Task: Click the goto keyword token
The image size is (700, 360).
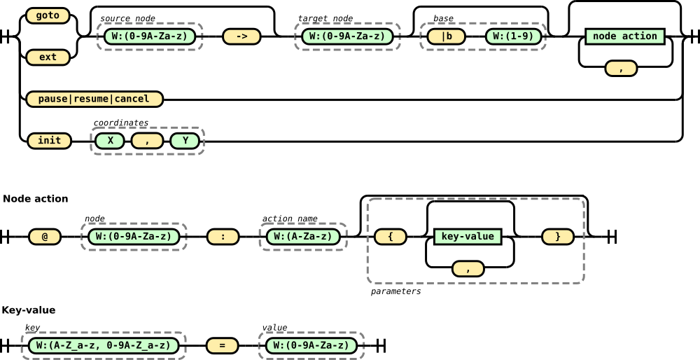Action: coord(48,15)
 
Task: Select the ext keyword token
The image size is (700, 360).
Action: coord(48,57)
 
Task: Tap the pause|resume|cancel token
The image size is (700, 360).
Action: coord(94,99)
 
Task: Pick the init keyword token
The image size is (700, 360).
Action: coord(49,141)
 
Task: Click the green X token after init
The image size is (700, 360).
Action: coord(110,141)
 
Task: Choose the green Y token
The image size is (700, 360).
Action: coord(185,141)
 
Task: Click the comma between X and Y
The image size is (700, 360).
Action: coord(147,141)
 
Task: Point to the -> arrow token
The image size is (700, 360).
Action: coord(241,36)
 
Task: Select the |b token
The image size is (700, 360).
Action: coord(446,36)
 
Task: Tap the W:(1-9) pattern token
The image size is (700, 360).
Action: coord(513,36)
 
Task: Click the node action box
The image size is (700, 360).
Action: coord(624,36)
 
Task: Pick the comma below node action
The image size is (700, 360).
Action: coord(621,69)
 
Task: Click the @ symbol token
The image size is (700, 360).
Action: coord(45,237)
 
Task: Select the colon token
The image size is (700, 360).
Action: coord(223,237)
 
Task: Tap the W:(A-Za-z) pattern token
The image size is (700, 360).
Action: coord(303,237)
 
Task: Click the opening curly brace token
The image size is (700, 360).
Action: coord(390,237)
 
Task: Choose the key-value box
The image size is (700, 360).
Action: coord(468,237)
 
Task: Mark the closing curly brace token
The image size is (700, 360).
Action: coord(557,237)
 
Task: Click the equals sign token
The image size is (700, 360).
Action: coord(222,345)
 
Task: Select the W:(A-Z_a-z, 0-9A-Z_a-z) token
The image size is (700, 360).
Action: coord(104,345)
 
